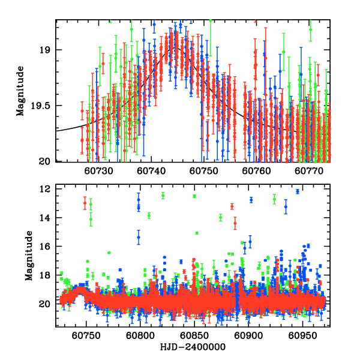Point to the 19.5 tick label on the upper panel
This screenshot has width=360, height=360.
41,106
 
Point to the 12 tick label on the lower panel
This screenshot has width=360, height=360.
46,189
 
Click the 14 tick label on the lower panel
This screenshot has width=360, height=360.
46,218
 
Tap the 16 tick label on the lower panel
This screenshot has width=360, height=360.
46,247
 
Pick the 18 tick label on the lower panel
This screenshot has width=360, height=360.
46,275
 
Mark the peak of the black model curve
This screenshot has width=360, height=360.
175,47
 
